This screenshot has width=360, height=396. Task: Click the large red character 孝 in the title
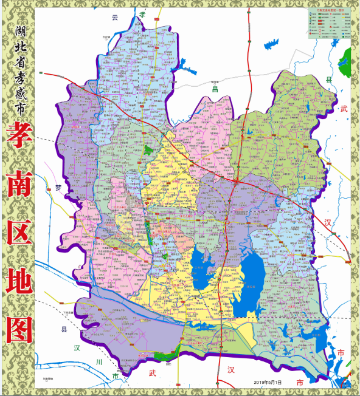(x=20, y=137)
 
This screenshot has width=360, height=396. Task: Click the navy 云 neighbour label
(x=114, y=17)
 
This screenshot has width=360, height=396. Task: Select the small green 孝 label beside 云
(x=142, y=14)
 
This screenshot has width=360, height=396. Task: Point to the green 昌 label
(x=214, y=89)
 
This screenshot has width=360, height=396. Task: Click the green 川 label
(x=99, y=362)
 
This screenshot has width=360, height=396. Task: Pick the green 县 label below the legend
(x=329, y=80)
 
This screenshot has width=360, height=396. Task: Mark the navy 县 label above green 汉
(x=64, y=330)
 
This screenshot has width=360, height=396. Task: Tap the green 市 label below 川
(x=116, y=377)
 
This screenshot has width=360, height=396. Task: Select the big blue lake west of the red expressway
(x=201, y=270)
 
